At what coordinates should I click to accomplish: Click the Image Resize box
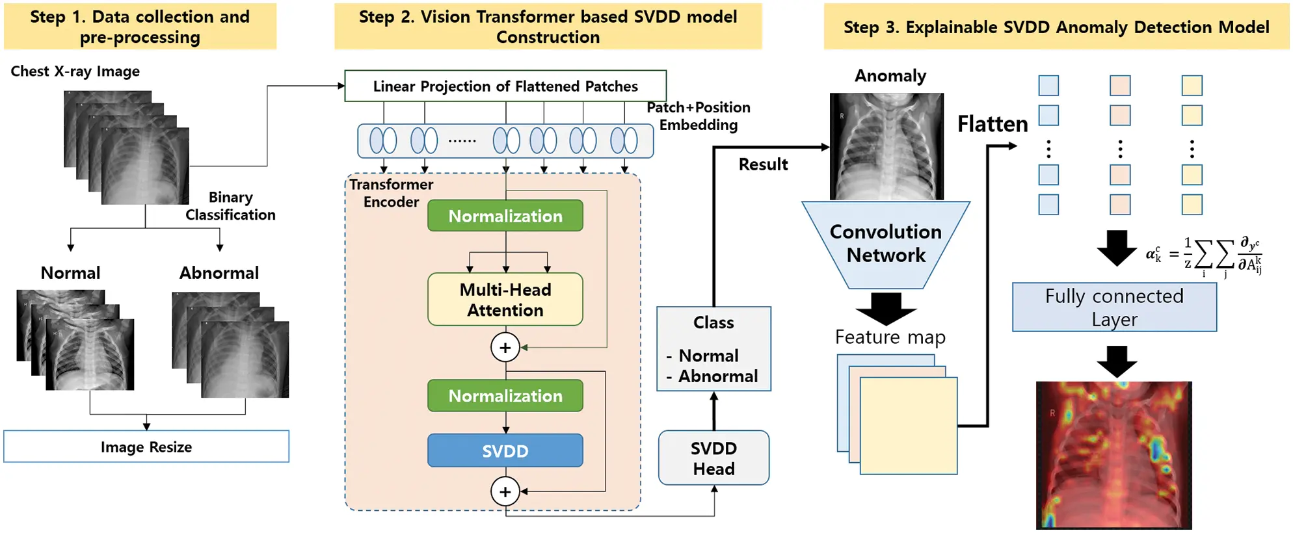point(146,447)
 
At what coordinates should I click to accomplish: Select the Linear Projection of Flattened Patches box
point(505,86)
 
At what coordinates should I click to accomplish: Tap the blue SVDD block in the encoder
point(505,450)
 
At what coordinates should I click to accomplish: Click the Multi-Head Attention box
point(505,300)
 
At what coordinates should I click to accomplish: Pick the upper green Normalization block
point(505,216)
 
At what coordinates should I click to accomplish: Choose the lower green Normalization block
point(505,396)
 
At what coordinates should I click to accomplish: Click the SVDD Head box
point(713,458)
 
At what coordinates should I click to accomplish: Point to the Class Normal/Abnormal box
point(713,349)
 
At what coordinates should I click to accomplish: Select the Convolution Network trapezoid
point(886,244)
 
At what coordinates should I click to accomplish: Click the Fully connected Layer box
point(1114,307)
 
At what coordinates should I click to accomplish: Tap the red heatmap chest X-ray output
point(1114,455)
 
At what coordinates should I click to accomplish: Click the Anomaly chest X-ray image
point(886,146)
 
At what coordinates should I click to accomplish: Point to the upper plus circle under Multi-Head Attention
point(505,348)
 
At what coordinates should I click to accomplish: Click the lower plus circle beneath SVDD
point(505,492)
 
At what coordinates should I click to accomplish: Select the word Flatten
point(993,124)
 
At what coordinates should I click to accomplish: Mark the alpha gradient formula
point(1203,255)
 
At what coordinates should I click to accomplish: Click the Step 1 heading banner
point(140,27)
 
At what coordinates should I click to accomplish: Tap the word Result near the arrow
point(763,164)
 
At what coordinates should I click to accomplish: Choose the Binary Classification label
point(230,206)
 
